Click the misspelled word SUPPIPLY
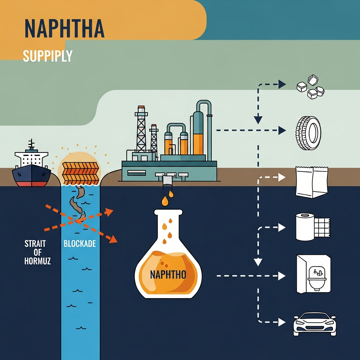click(x=47, y=56)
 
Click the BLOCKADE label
click(x=80, y=244)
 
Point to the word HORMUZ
click(x=38, y=261)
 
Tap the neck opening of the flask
click(x=168, y=212)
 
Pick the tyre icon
click(x=309, y=133)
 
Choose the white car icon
click(x=314, y=323)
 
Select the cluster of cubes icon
click(x=310, y=88)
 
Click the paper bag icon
click(x=311, y=182)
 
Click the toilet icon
click(x=313, y=274)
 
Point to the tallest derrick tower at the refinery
click(x=141, y=130)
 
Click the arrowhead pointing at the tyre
click(x=282, y=130)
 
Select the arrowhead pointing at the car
click(x=282, y=321)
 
